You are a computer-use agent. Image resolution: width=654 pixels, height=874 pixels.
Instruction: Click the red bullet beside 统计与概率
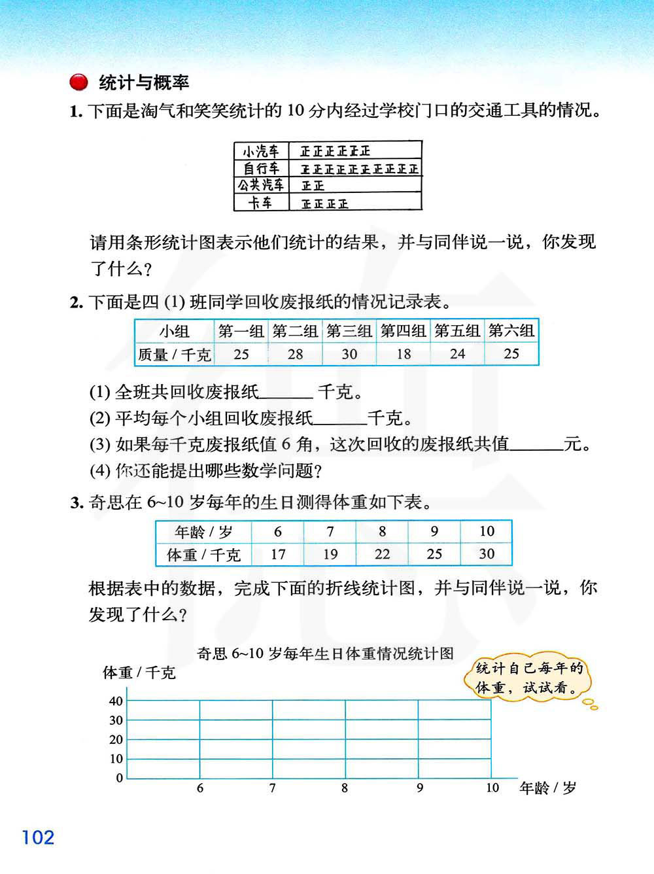[78, 82]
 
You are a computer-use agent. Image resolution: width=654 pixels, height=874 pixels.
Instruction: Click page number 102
[38, 837]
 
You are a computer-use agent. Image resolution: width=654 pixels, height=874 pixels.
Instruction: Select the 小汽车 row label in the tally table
[261, 151]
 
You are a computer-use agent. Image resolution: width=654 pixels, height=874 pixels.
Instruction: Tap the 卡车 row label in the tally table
[261, 203]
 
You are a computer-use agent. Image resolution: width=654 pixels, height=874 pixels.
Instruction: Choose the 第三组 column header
[349, 331]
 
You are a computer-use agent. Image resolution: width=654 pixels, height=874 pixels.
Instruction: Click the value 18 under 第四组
[404, 354]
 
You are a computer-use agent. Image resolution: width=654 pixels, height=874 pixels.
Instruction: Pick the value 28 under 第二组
[295, 354]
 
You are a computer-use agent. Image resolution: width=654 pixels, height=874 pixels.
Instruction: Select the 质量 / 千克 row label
[175, 355]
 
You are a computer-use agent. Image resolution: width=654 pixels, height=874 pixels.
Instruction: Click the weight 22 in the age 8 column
[382, 554]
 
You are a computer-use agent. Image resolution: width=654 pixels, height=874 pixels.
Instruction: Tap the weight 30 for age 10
[487, 554]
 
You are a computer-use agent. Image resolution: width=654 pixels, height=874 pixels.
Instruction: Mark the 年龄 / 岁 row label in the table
[203, 532]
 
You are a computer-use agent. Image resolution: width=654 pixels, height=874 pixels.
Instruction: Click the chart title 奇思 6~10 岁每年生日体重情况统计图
[325, 654]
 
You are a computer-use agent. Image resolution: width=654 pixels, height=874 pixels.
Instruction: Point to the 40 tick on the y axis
[116, 701]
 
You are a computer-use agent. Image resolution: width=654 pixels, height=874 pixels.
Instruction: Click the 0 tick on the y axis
[120, 778]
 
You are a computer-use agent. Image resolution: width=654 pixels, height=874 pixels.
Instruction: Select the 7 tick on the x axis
[272, 788]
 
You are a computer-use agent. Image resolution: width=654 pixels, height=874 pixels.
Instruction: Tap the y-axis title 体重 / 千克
[139, 673]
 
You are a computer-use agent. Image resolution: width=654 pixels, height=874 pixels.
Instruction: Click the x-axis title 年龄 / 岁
[547, 788]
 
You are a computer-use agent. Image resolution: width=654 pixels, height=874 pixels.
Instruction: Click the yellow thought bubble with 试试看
[529, 678]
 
